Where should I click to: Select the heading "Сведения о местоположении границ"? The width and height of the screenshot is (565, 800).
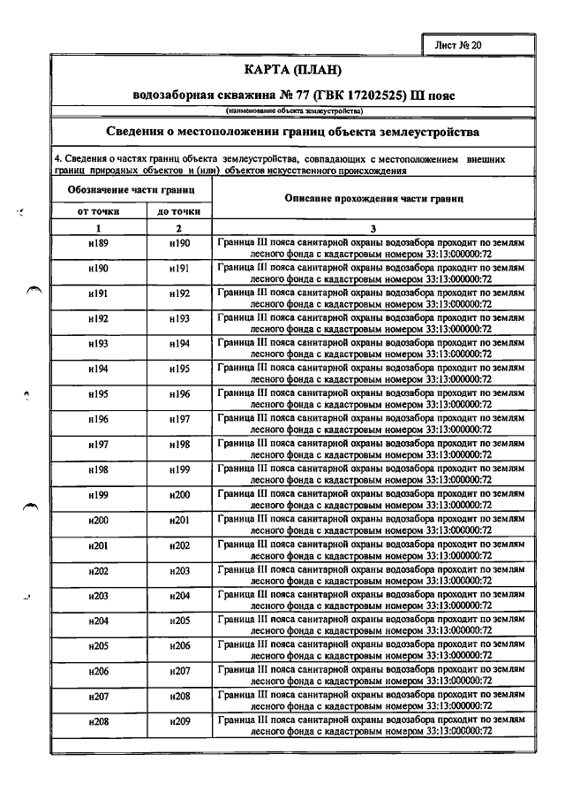(291, 132)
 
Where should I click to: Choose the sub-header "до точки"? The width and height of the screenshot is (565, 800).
(179, 212)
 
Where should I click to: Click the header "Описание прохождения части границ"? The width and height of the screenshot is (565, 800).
(373, 199)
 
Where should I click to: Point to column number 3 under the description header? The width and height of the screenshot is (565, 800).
(373, 228)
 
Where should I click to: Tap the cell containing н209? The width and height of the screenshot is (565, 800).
(179, 722)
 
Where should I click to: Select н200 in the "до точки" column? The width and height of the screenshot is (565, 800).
(179, 495)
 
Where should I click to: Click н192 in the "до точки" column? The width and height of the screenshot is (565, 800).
(179, 293)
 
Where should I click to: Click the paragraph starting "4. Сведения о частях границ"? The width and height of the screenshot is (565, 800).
(282, 165)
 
